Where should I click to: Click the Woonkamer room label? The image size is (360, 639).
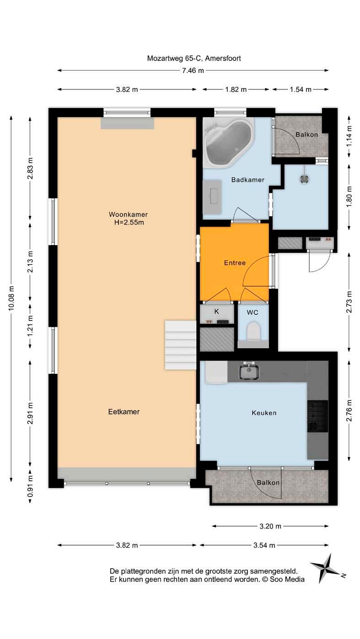(x=128, y=214)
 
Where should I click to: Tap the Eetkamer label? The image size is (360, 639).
(x=124, y=412)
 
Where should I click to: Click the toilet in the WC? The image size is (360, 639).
(x=253, y=331)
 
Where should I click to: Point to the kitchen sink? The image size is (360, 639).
(x=249, y=371)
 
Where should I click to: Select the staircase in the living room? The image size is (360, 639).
(x=180, y=345)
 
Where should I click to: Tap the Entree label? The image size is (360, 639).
(x=235, y=263)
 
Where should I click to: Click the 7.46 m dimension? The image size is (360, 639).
(x=193, y=70)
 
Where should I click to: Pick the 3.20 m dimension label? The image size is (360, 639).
(x=270, y=526)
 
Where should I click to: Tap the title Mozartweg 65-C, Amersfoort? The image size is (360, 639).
(x=194, y=59)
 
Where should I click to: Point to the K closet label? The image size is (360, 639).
(x=216, y=312)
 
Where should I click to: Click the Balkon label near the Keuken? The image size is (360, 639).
(x=268, y=482)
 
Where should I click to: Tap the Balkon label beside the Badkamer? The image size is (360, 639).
(x=306, y=134)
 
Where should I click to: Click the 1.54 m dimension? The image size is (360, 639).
(x=301, y=89)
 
